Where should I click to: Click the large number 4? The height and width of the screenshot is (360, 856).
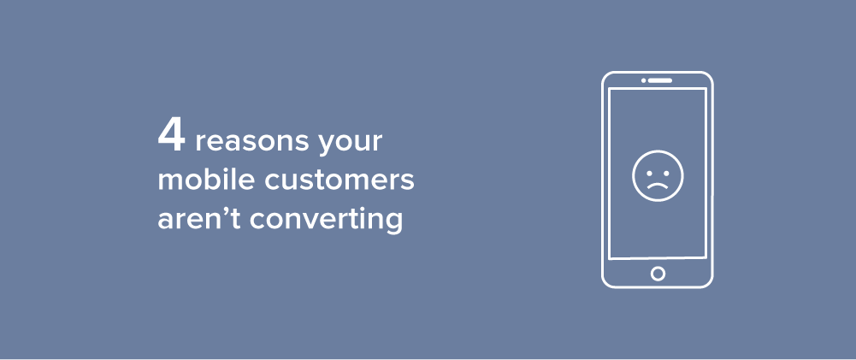[171, 136]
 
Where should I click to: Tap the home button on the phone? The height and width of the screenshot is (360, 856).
[658, 273]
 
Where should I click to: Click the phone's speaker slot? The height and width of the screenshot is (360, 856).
[659, 80]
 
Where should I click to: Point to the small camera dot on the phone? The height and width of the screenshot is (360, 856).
[644, 80]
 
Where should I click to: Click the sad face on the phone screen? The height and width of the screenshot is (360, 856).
[658, 176]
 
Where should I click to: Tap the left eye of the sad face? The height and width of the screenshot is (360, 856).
[648, 173]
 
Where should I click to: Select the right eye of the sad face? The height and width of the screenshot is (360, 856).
[667, 173]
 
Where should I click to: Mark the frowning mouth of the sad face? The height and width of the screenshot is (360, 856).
[658, 185]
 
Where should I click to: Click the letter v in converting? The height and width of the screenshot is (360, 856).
[312, 219]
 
